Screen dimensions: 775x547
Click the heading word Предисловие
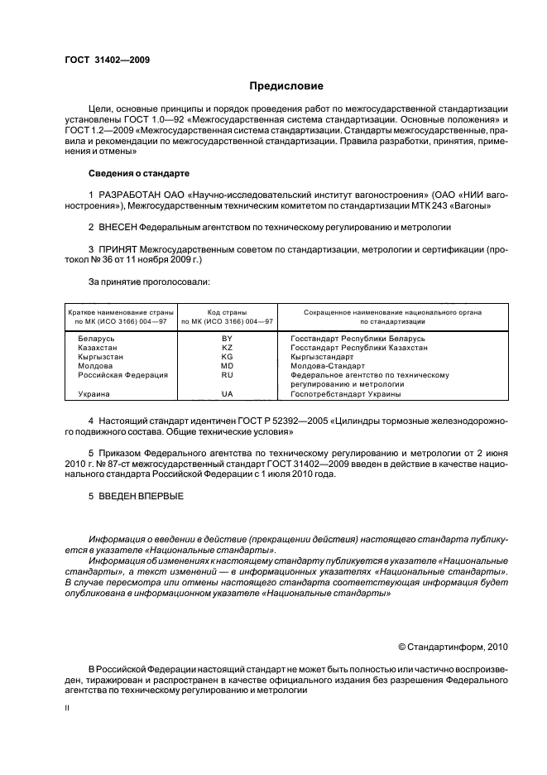[287, 86]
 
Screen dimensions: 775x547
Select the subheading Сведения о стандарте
[139, 174]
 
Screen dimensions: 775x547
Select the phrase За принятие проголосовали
[143, 282]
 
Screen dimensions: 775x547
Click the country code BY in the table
[228, 339]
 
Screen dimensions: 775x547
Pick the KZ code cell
[228, 349]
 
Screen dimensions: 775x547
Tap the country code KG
[228, 357]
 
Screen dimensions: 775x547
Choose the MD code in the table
[228, 366]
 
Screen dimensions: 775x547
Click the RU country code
[228, 374]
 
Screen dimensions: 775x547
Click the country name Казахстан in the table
[99, 349]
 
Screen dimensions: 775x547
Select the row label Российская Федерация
[122, 374]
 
